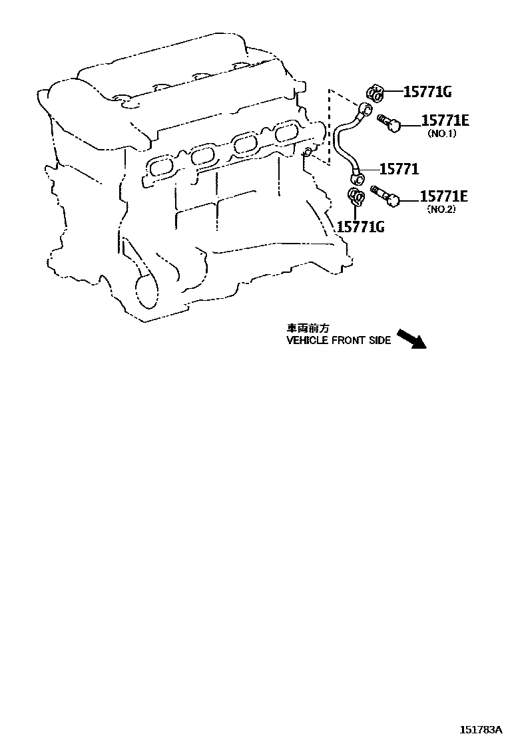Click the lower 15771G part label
point(361,227)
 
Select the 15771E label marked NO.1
point(444,120)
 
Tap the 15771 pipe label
point(399,170)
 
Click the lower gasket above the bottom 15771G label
point(357,196)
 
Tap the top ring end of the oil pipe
point(363,110)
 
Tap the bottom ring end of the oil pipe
point(358,178)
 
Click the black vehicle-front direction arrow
point(411,338)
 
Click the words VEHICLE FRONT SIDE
point(339,340)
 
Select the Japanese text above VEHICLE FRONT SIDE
point(308,328)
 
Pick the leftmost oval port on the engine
point(158,165)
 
